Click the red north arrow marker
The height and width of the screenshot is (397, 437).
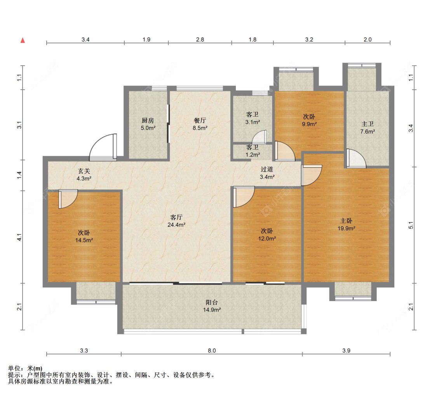click(23, 40)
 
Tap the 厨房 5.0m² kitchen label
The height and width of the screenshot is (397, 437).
click(148, 124)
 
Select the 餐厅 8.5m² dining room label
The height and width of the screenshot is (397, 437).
click(200, 124)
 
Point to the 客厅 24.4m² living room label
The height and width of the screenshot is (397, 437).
click(176, 221)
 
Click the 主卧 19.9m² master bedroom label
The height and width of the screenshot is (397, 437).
click(346, 225)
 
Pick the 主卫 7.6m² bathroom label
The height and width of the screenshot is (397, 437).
click(367, 128)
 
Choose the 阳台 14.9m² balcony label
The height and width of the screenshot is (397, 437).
click(212, 306)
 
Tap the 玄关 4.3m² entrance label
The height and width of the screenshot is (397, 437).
click(84, 175)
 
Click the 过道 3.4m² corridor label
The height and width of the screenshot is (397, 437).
click(267, 173)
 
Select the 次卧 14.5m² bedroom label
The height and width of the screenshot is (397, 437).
click(84, 236)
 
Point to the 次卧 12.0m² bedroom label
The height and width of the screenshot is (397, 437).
click(267, 235)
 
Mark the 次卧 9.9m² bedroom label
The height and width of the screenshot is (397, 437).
click(309, 120)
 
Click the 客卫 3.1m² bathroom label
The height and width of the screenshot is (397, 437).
click(252, 118)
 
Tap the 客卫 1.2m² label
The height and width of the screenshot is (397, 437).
click(252, 151)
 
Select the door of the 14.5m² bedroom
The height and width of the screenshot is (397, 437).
click(68, 199)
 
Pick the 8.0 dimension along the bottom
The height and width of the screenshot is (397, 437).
click(212, 350)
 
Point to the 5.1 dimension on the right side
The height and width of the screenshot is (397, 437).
click(411, 225)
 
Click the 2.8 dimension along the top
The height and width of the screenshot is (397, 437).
click(200, 40)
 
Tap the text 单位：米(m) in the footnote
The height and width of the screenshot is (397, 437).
click(25, 369)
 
